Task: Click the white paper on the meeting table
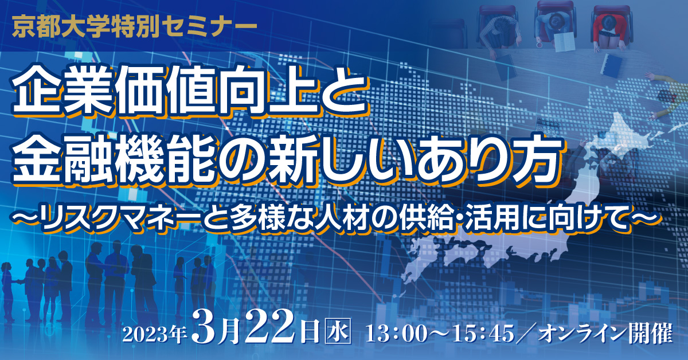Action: coord(565,42)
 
